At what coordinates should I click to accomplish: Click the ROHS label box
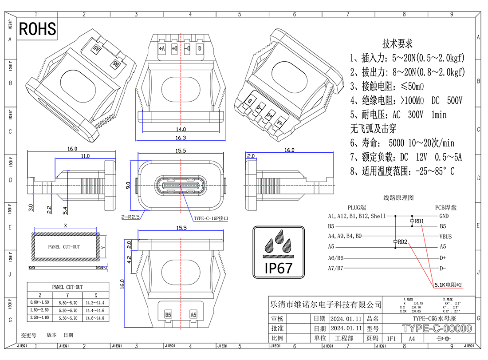37,29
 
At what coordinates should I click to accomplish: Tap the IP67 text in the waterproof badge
279,268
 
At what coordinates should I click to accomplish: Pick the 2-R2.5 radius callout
130,217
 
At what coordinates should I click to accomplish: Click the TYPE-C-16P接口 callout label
211,218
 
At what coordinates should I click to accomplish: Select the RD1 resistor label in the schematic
419,221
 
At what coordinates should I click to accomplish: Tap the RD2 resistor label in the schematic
402,241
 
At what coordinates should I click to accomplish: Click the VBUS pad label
445,236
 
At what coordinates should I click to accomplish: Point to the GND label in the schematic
444,216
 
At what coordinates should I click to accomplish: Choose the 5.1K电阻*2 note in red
448,284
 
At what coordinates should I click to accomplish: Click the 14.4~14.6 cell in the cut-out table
94,310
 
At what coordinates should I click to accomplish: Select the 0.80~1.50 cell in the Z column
39,302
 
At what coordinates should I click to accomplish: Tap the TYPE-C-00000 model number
437,329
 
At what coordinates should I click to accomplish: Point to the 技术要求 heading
397,44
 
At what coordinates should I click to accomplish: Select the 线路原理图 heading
398,198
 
